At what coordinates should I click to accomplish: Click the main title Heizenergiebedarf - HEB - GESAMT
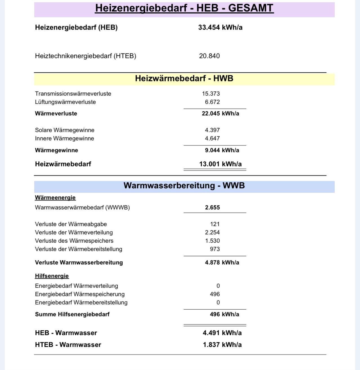click(184, 8)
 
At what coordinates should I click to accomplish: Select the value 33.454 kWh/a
click(220, 28)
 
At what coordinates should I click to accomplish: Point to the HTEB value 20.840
click(209, 56)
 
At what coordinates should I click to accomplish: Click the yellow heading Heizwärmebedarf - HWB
click(184, 78)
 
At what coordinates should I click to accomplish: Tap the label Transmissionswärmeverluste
click(73, 94)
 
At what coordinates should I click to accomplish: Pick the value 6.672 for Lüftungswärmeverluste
click(212, 102)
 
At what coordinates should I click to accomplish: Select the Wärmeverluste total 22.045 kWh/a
click(220, 114)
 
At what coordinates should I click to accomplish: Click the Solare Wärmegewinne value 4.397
click(212, 130)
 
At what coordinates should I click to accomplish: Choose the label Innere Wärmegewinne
click(64, 139)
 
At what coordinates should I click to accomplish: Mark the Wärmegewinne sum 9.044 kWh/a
click(222, 150)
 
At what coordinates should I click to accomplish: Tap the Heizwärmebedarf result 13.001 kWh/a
click(220, 164)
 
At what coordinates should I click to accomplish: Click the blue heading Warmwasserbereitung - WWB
click(184, 186)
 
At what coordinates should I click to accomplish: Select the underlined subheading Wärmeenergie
click(55, 198)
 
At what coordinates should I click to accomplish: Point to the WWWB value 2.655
click(212, 207)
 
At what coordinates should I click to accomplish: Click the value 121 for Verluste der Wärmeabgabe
click(215, 224)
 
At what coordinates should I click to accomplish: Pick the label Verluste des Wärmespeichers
click(74, 241)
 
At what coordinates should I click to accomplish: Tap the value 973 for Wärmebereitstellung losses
click(215, 249)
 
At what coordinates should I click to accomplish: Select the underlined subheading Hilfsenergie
click(52, 276)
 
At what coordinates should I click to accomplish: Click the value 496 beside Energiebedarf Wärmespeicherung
click(215, 294)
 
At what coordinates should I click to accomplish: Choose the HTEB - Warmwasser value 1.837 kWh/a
click(222, 345)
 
